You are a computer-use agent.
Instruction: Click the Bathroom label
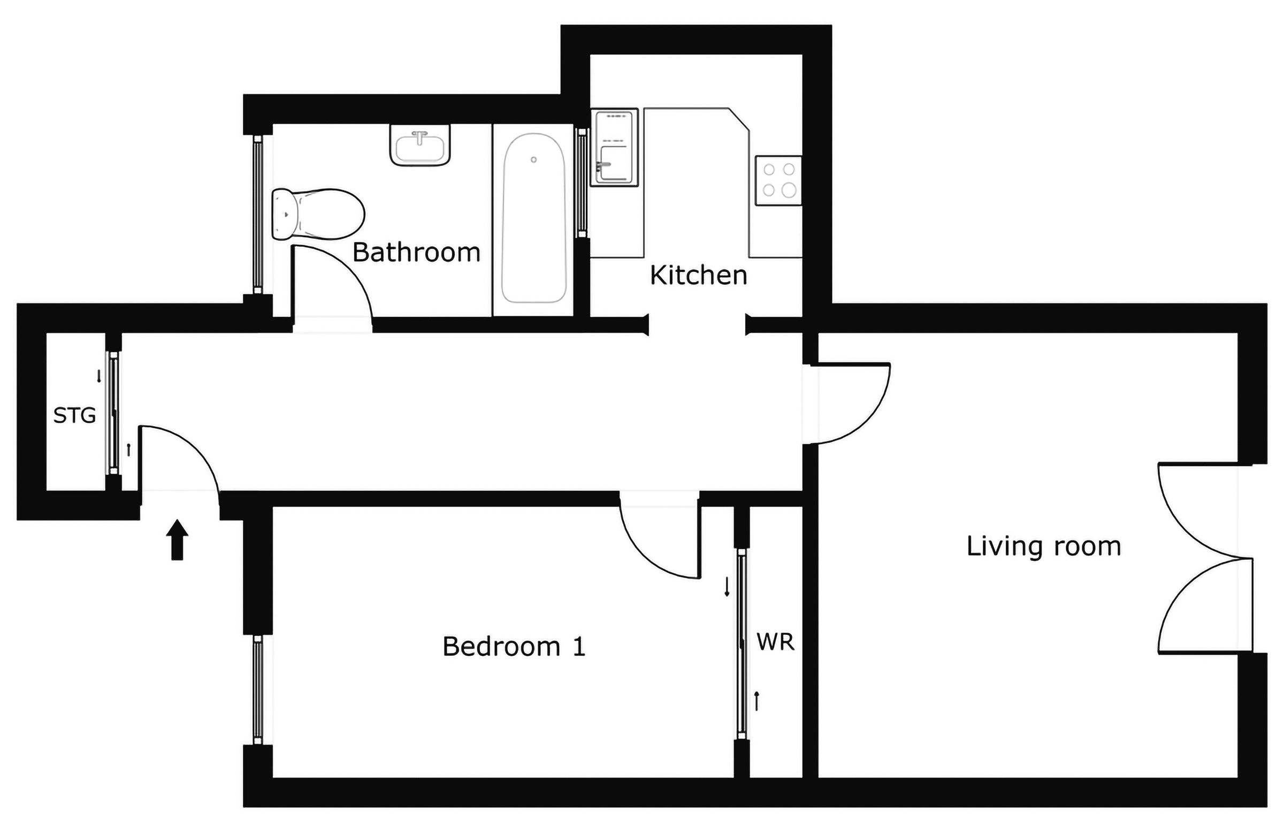[x=416, y=253]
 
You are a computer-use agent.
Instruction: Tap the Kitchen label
[x=698, y=275]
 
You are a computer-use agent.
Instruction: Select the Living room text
[x=1044, y=546]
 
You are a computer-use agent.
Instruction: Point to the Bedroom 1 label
[x=514, y=646]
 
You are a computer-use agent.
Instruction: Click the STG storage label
[x=74, y=415]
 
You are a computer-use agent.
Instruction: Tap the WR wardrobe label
[x=775, y=642]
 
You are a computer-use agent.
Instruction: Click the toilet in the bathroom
[x=317, y=214]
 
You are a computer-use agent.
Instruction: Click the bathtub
[x=533, y=217]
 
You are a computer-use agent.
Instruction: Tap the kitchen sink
[x=615, y=147]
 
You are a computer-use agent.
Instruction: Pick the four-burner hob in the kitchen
[x=778, y=180]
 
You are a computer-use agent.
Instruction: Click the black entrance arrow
[x=177, y=540]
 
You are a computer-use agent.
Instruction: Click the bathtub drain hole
[x=533, y=160]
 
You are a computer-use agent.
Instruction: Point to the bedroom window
[x=258, y=689]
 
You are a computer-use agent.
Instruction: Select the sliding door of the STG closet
[x=113, y=413]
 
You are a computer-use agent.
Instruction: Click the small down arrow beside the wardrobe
[x=727, y=587]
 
